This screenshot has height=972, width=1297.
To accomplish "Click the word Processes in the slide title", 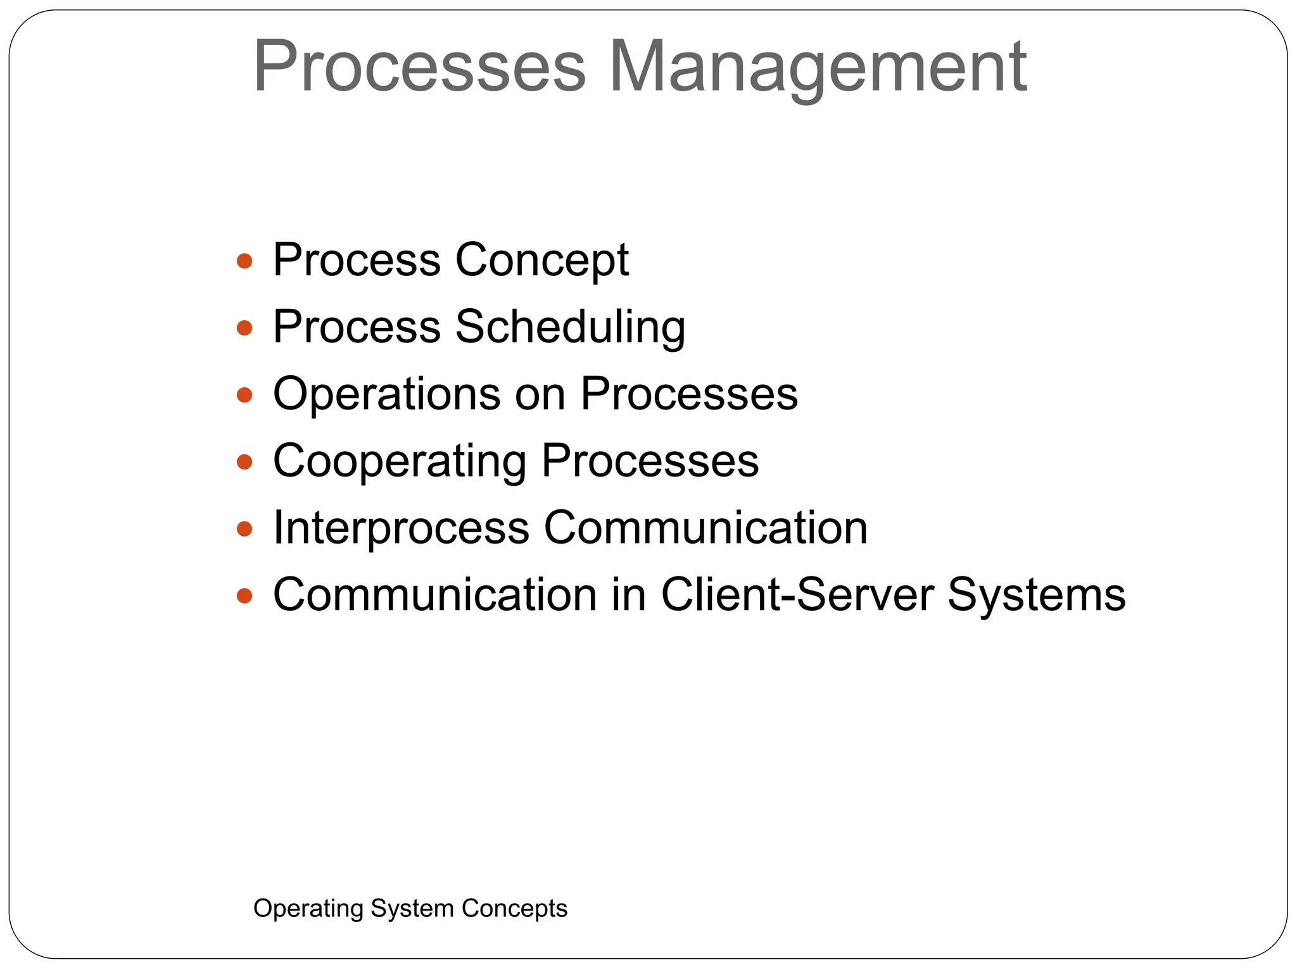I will [420, 66].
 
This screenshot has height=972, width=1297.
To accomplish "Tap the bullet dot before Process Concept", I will [244, 261].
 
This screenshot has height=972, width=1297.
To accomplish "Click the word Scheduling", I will [570, 327].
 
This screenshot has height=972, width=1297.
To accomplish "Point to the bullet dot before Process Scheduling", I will [244, 328].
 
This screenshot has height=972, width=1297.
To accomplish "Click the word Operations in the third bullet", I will [386, 394].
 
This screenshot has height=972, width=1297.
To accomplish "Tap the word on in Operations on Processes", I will [540, 396].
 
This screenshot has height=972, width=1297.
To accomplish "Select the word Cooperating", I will [399, 461].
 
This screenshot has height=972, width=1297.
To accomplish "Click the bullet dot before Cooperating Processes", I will [244, 462].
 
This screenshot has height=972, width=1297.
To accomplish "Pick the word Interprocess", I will [401, 528].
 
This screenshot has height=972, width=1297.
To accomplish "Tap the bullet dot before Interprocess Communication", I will [244, 528].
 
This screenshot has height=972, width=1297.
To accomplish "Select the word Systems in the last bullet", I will [1036, 595].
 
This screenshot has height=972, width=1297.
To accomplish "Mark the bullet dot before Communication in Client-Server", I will [244, 595].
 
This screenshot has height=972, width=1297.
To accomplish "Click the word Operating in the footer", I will [308, 909].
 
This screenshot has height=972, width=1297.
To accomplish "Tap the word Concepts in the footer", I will [514, 909].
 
